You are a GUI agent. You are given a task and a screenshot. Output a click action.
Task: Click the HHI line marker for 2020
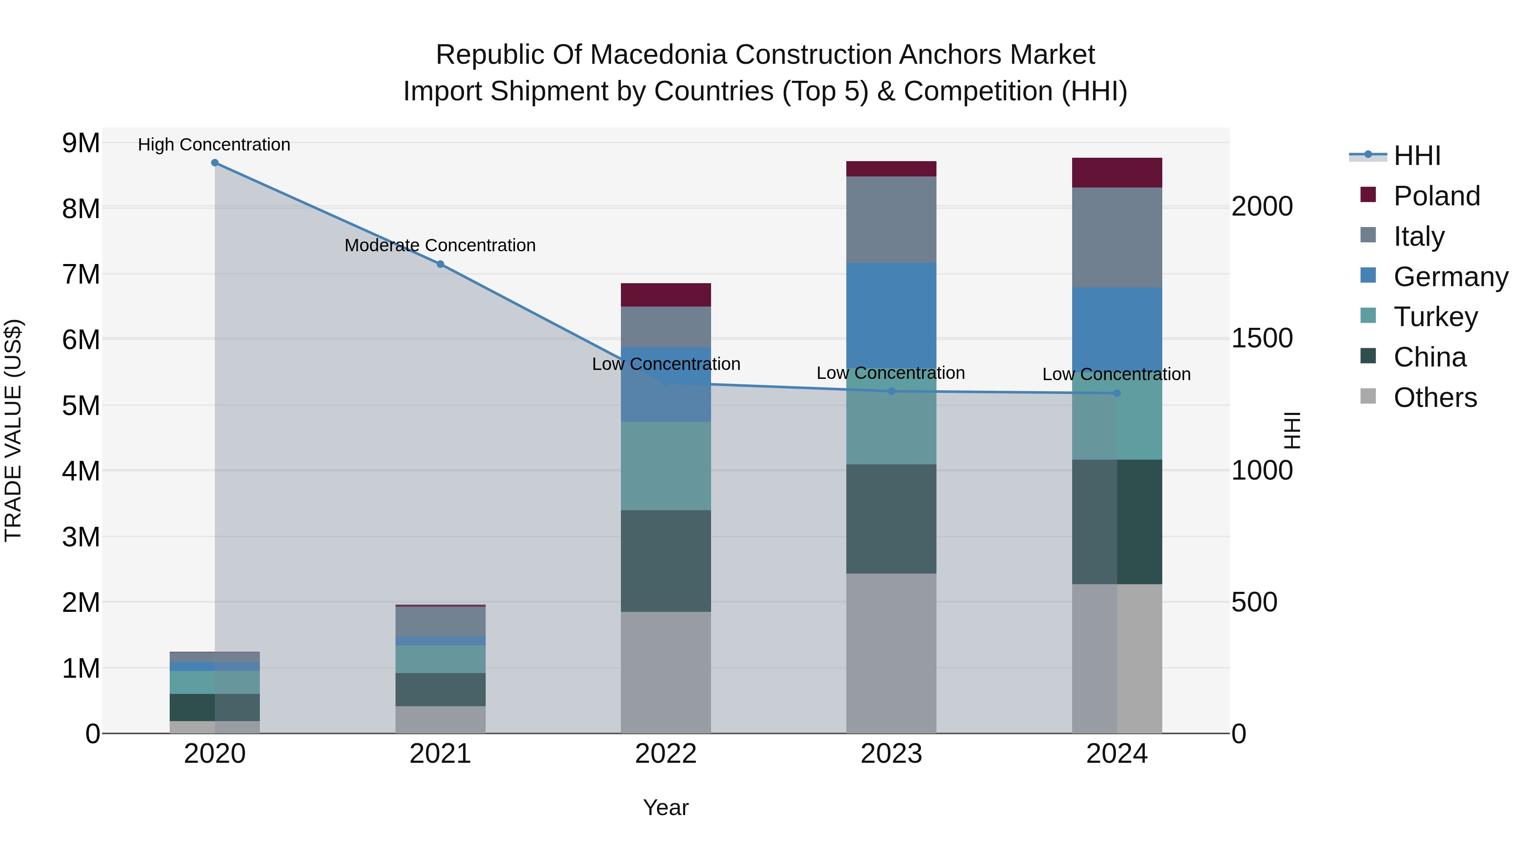[215, 163]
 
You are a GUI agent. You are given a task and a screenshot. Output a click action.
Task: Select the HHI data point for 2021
[441, 264]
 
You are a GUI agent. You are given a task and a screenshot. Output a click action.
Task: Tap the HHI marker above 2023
[891, 391]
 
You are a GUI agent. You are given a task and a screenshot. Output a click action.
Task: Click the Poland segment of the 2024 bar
[1117, 173]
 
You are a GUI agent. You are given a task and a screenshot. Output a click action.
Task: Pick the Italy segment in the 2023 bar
[891, 219]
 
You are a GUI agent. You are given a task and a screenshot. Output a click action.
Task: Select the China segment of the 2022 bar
[666, 560]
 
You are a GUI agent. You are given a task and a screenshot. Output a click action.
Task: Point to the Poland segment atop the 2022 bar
[666, 295]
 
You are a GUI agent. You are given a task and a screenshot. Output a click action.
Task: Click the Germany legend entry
[1450, 277]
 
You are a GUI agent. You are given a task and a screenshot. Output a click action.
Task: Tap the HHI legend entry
[1416, 156]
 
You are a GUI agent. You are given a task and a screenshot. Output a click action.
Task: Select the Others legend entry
[1434, 398]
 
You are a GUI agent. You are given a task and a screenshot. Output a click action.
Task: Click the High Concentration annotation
[214, 145]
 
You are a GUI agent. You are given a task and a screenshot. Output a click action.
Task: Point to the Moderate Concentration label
[440, 245]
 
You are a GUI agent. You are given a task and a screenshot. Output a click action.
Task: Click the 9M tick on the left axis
[81, 143]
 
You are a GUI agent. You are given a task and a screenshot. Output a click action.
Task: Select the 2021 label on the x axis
[441, 754]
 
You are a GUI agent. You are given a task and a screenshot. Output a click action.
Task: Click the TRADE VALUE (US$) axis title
[13, 430]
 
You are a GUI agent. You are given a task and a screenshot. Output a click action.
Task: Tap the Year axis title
[666, 807]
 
